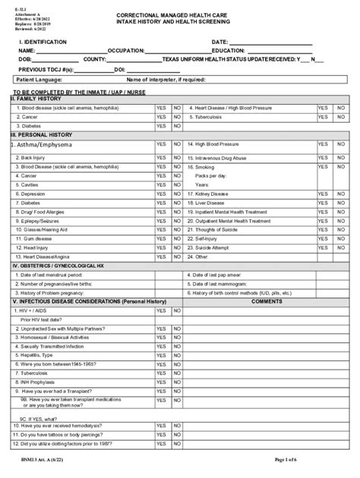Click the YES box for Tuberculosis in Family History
pyautogui.click(x=323, y=118)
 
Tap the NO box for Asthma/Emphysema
pyautogui.click(x=177, y=144)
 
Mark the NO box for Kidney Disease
pyautogui.click(x=341, y=193)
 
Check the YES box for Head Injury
pyautogui.click(x=161, y=247)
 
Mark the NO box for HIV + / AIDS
pyautogui.click(x=177, y=310)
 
